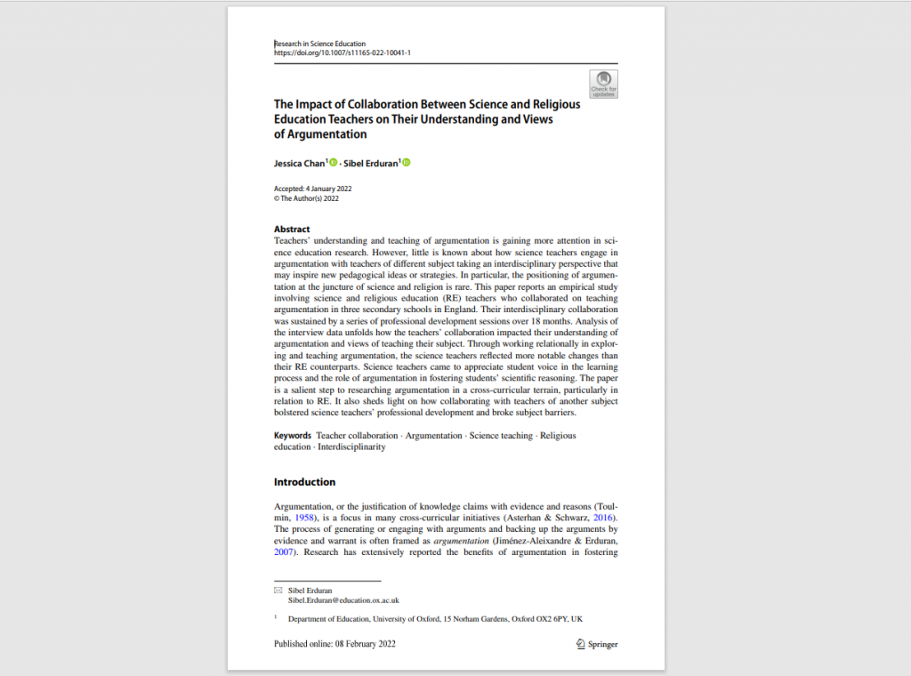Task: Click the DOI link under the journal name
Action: (342, 52)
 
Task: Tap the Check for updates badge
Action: (603, 84)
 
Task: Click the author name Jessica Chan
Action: (300, 164)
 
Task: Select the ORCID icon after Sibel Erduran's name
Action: (407, 163)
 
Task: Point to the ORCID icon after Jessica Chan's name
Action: (333, 163)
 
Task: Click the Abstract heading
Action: (292, 229)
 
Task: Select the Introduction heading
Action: (304, 482)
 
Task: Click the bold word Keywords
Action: (293, 436)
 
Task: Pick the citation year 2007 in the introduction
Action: (284, 551)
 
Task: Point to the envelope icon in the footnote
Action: (278, 591)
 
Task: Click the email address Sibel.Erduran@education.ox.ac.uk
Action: (343, 600)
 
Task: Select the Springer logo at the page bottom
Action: (596, 644)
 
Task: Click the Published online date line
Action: (335, 644)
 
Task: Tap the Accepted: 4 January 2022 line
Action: (313, 189)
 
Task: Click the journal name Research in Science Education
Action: (319, 44)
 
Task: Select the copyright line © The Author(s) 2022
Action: (306, 198)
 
